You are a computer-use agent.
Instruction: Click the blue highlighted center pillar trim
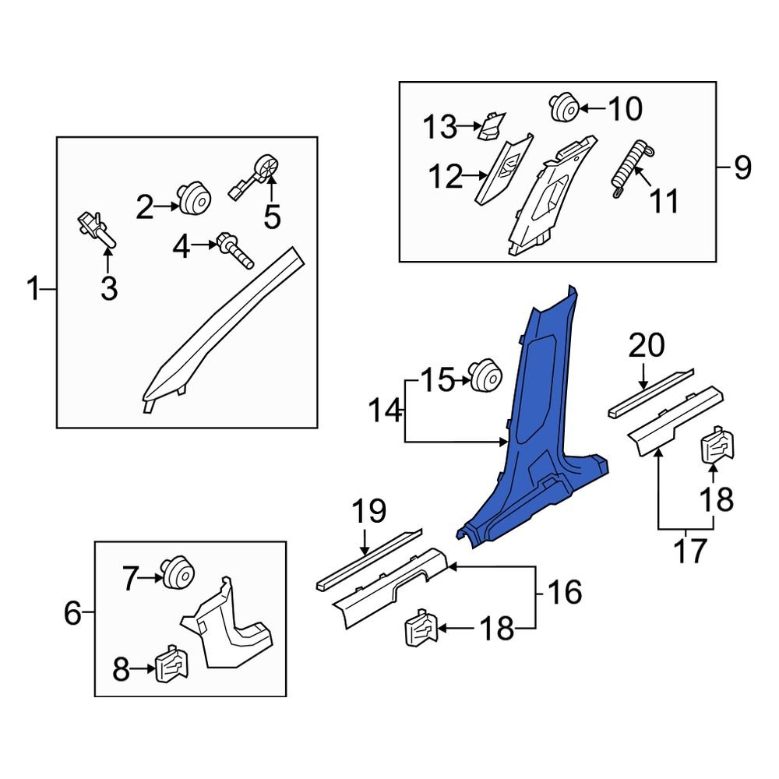pos(538,436)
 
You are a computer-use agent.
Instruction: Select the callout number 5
pos(271,217)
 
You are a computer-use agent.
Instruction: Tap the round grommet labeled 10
pos(562,107)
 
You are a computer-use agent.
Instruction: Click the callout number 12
pos(446,178)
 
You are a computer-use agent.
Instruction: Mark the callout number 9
pos(741,167)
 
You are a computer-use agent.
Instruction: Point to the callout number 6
pos(72,614)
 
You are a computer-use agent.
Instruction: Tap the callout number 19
pos(368,512)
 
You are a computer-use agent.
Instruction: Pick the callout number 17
pos(689,550)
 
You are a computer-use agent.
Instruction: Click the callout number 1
pos(33,291)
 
